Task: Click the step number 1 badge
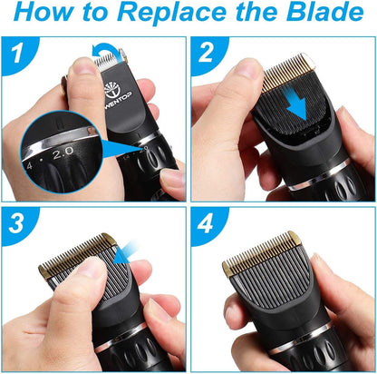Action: [14, 56]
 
